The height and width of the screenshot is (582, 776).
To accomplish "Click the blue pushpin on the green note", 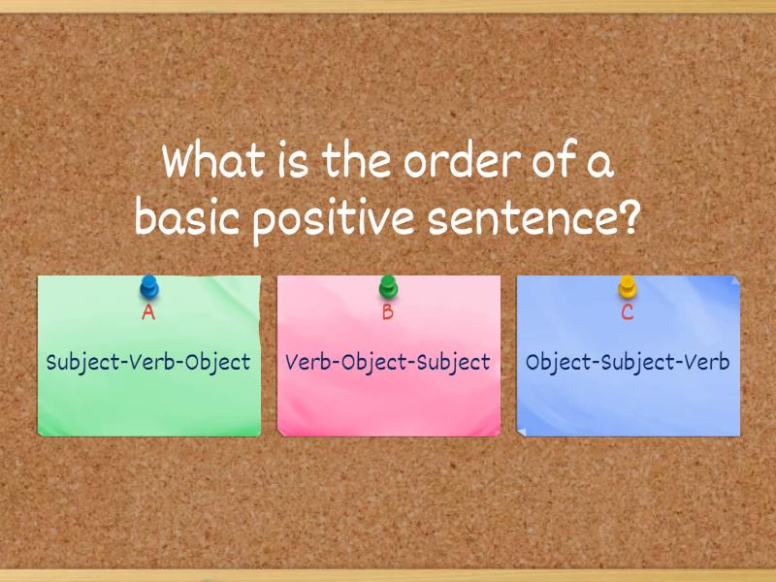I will [148, 287].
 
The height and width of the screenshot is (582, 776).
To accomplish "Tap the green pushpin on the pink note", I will [388, 287].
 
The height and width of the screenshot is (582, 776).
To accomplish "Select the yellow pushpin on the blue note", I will [628, 287].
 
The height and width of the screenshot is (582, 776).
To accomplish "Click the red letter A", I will [148, 312].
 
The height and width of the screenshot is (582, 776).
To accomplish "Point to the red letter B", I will [388, 312].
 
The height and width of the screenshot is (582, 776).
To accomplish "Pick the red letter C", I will [628, 312].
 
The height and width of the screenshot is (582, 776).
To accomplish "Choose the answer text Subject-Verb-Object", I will [148, 363].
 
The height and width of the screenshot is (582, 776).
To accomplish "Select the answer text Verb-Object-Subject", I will [388, 363].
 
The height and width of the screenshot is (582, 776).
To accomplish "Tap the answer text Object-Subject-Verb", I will [628, 363].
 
